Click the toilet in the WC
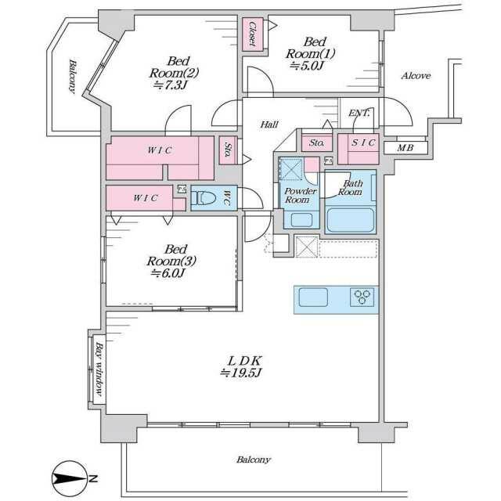[204, 198]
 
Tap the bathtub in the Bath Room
[350, 220]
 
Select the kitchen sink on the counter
[313, 297]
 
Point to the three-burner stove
[362, 297]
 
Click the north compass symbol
[70, 478]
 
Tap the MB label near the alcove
[405, 148]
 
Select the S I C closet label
[363, 142]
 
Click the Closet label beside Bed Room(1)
[252, 34]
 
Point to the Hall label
[269, 124]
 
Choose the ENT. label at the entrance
[359, 113]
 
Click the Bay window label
[99, 369]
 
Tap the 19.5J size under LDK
[242, 373]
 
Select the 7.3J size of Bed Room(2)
[170, 85]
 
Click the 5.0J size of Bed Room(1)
[307, 66]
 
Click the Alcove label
[416, 76]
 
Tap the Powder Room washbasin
[301, 220]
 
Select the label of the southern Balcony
[254, 460]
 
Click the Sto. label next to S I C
[316, 142]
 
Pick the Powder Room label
[300, 196]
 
